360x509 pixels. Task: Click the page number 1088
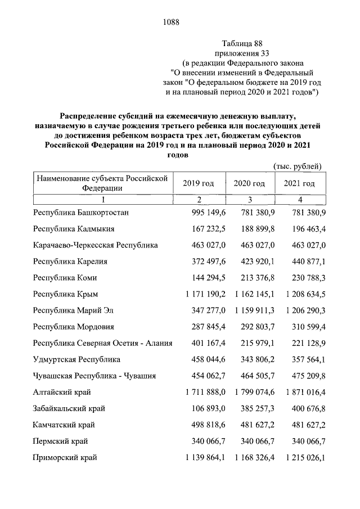click(170, 22)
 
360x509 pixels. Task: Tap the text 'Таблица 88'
click(242, 43)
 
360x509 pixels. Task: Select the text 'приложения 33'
click(242, 53)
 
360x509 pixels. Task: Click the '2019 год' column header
click(199, 183)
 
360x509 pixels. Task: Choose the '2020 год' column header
click(249, 183)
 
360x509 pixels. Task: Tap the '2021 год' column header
click(299, 183)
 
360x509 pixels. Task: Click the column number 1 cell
click(103, 200)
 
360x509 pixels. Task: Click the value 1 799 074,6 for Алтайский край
click(251, 392)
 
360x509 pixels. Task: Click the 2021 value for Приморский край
click(301, 457)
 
